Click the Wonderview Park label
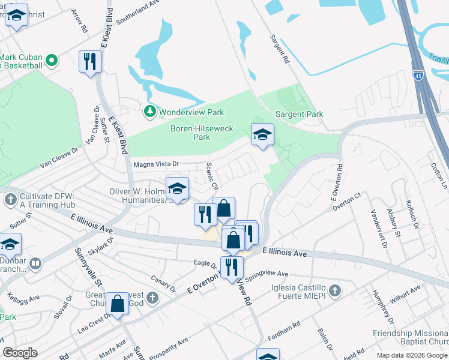[x=191, y=112]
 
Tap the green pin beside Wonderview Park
[x=149, y=112]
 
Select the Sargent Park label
[x=299, y=114]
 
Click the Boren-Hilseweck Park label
[x=190, y=133]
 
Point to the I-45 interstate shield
[x=419, y=76]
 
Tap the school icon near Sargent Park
[x=262, y=135]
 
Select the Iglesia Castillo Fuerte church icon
[x=335, y=291]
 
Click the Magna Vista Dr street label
[x=156, y=164]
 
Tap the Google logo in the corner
[x=20, y=352]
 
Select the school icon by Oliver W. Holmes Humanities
[x=177, y=189]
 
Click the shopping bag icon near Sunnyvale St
[x=118, y=304]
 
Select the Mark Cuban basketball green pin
[x=52, y=61]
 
